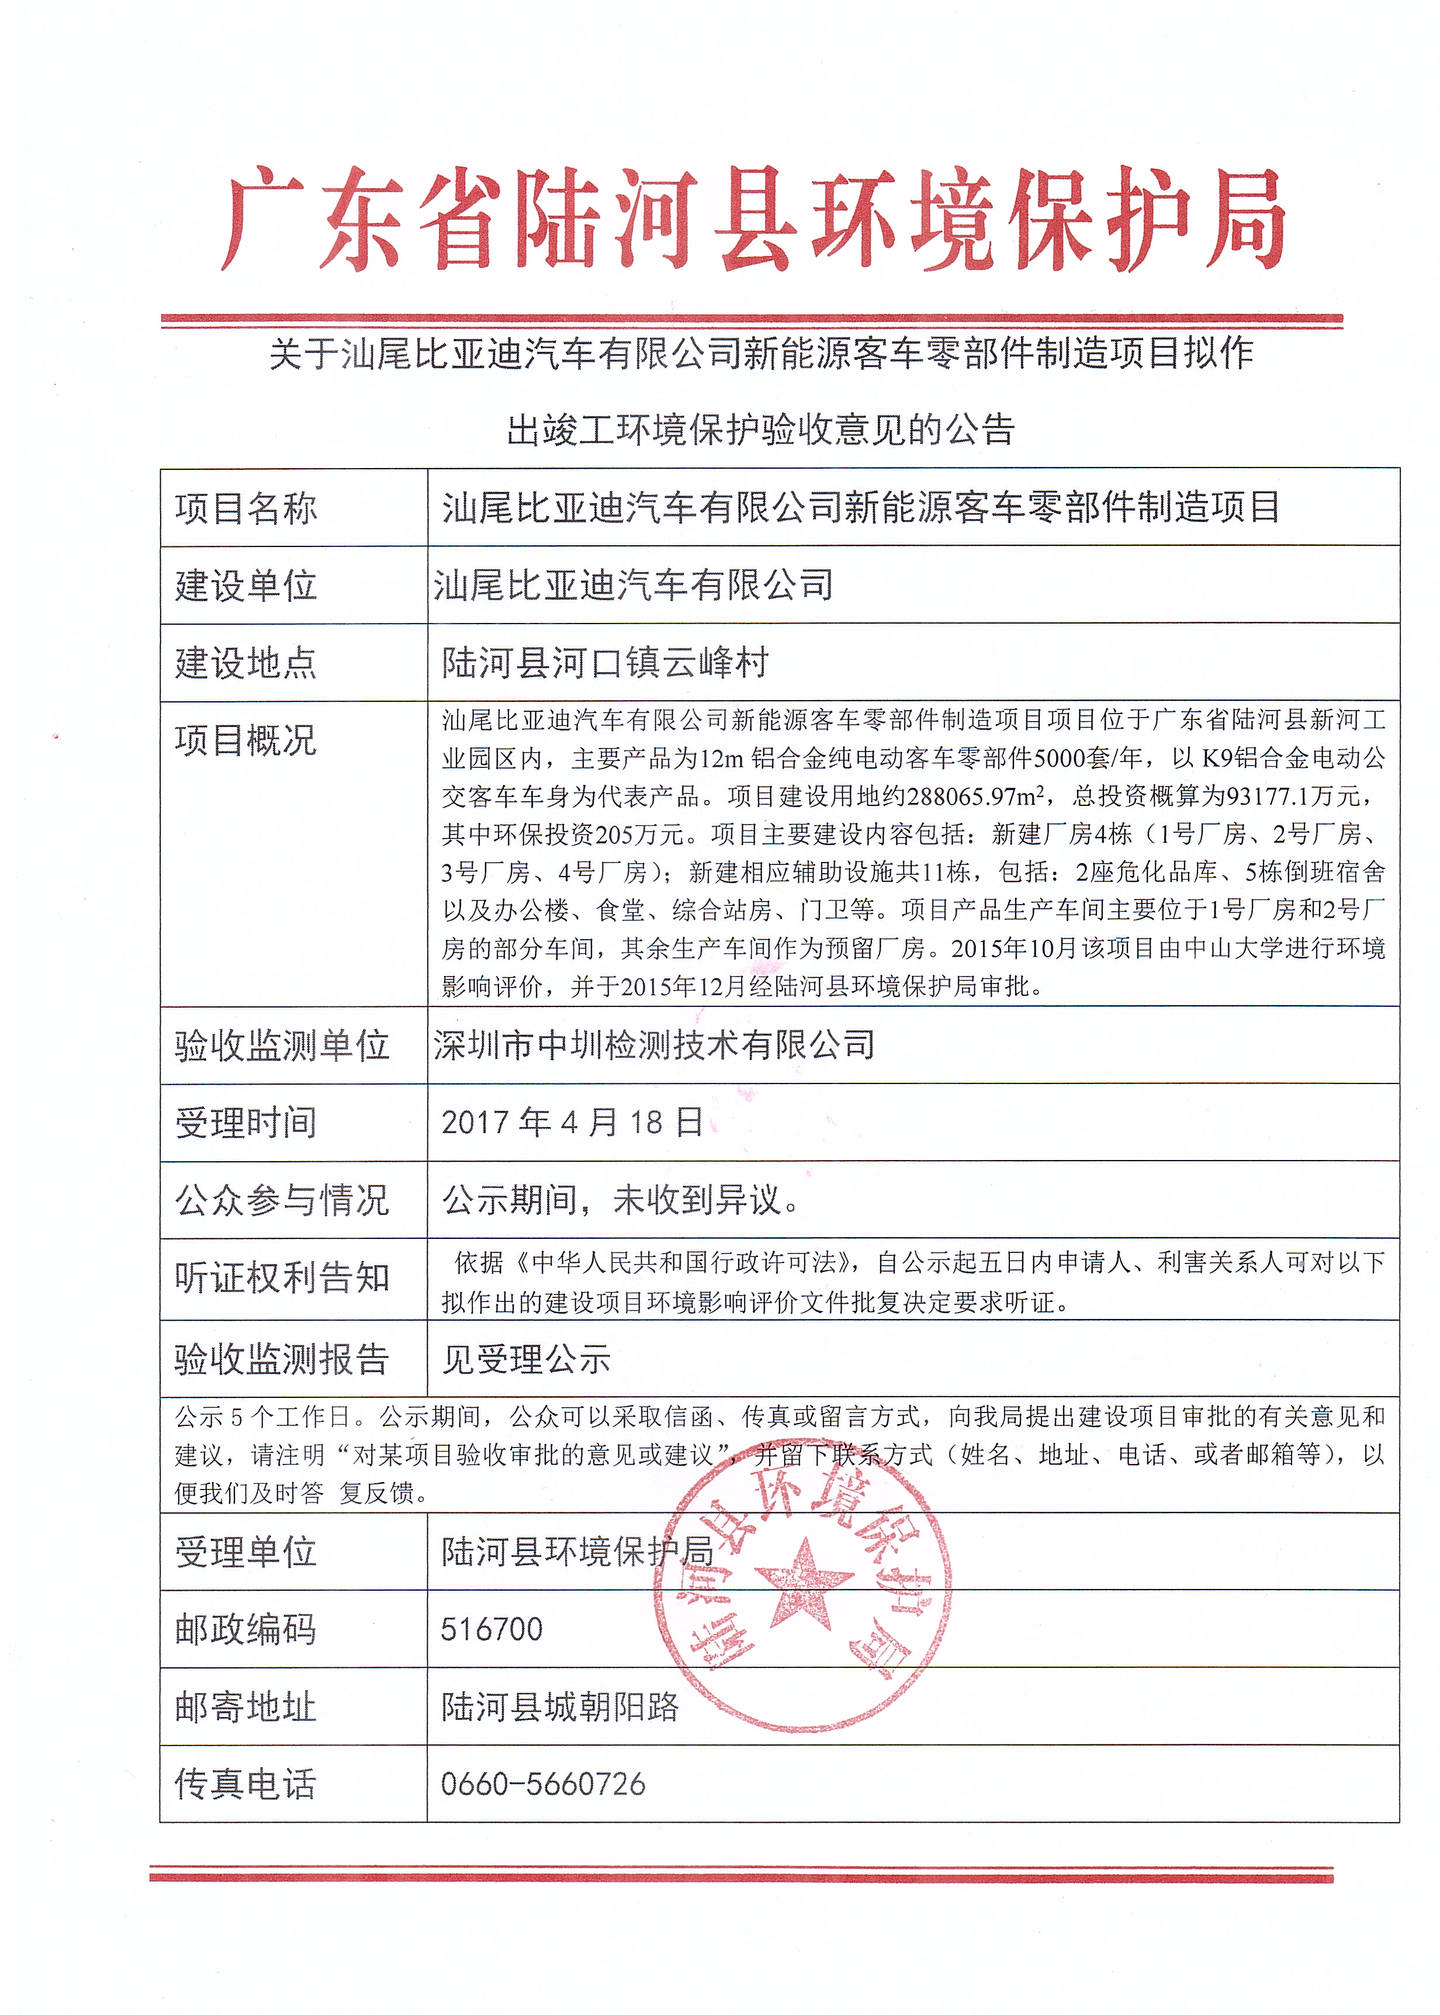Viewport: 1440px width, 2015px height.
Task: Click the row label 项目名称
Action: point(245,508)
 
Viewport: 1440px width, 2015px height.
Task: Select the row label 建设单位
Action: point(245,585)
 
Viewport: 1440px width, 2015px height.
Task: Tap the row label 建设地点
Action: point(245,662)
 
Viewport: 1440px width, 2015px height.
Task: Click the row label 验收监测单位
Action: point(282,1045)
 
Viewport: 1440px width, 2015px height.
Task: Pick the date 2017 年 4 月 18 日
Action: point(572,1122)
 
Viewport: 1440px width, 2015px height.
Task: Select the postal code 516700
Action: point(491,1629)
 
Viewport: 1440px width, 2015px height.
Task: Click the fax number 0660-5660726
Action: point(543,1784)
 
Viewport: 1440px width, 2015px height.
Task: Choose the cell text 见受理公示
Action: point(526,1359)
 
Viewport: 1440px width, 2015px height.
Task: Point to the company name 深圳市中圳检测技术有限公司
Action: point(653,1045)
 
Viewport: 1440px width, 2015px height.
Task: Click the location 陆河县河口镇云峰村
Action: point(605,662)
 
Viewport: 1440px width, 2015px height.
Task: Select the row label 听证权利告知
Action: point(282,1278)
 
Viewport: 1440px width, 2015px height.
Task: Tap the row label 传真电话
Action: point(245,1784)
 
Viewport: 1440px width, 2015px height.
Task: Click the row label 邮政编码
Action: point(245,1629)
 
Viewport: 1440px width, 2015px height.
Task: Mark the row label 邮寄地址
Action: point(245,1706)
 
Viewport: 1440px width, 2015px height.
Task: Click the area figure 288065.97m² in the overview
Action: point(974,796)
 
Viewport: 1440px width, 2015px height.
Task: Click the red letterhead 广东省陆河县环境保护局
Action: point(754,220)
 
